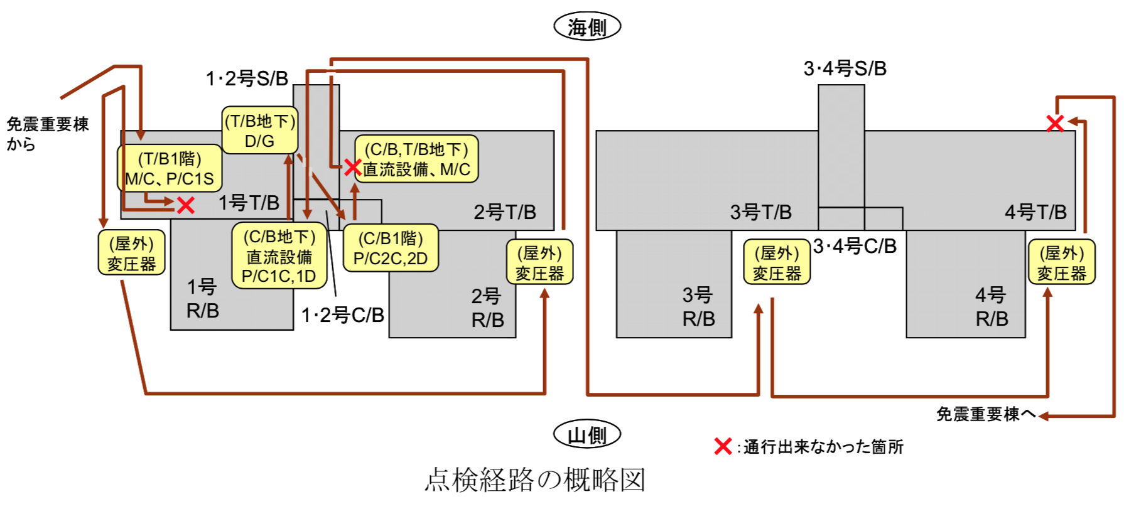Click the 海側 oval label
click(x=587, y=27)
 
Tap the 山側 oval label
click(x=587, y=434)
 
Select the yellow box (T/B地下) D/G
click(x=260, y=130)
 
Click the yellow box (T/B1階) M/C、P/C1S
click(x=170, y=168)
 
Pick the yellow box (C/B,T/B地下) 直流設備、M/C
click(x=416, y=159)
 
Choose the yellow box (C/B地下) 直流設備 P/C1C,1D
click(x=279, y=256)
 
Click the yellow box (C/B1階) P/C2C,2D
click(x=391, y=248)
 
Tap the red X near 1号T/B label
click(x=185, y=205)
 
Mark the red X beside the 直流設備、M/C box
click(x=353, y=167)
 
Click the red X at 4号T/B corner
click(x=1056, y=123)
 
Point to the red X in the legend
click(x=723, y=446)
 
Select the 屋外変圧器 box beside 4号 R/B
click(x=1062, y=262)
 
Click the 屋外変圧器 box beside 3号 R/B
click(x=777, y=262)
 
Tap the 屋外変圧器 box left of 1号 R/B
click(x=132, y=253)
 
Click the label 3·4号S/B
click(x=845, y=68)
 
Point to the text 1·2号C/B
click(x=343, y=315)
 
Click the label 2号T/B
click(x=505, y=212)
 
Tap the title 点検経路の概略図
click(x=535, y=480)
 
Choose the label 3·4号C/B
click(x=855, y=246)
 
